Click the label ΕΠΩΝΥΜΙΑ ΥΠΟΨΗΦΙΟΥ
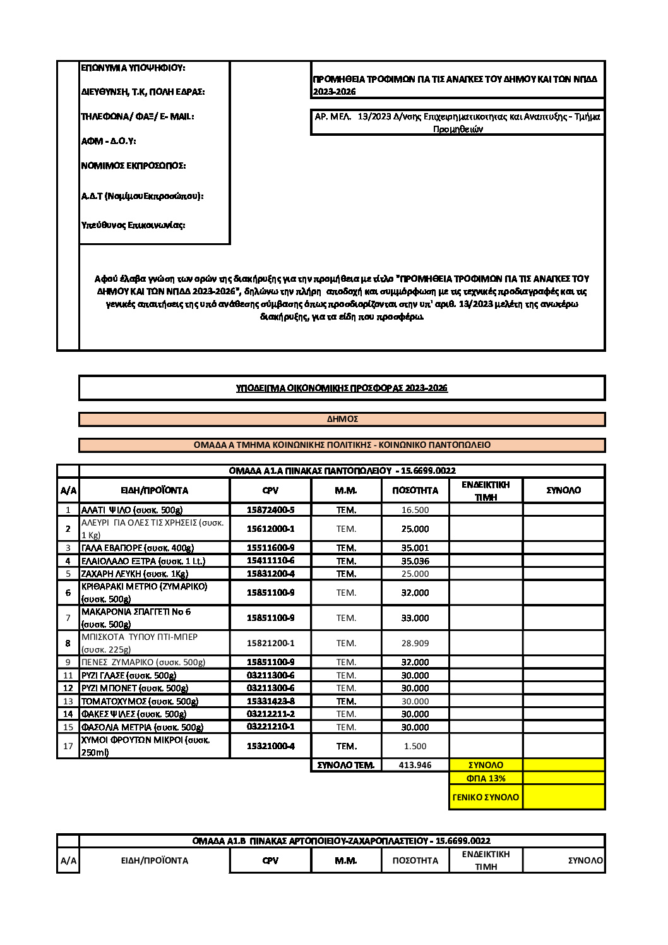[133, 68]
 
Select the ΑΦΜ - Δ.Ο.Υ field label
[109, 141]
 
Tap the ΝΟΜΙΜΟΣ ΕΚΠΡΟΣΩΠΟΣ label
[133, 166]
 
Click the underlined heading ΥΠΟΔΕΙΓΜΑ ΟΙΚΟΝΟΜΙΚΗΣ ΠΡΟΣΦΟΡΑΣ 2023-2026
[342, 388]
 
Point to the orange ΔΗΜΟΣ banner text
[342, 419]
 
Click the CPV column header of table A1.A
[270, 490]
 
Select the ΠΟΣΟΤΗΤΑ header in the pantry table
[415, 490]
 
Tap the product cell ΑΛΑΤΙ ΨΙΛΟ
[132, 510]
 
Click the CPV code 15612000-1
[270, 529]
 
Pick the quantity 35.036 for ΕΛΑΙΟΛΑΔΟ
[415, 561]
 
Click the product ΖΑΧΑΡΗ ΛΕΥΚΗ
[134, 574]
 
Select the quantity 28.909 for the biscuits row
[415, 643]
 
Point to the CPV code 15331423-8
[270, 701]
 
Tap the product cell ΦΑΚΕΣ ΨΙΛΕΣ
[134, 714]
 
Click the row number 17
[68, 746]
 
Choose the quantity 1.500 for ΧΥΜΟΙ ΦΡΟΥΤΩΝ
[415, 746]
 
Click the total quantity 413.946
[415, 765]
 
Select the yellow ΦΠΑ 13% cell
[486, 778]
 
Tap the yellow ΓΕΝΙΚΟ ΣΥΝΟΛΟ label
[486, 797]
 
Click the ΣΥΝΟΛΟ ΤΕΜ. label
[345, 765]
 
